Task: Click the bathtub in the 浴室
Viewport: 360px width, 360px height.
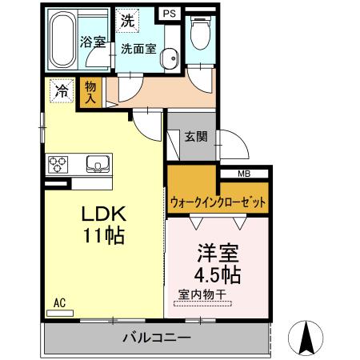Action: tap(63, 41)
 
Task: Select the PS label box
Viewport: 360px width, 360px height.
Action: tap(169, 13)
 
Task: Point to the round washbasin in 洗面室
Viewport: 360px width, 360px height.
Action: tap(168, 57)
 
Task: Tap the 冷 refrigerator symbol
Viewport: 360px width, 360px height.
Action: tap(62, 91)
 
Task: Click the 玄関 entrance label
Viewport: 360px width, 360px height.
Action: tap(195, 136)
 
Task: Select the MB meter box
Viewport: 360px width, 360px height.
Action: tap(244, 174)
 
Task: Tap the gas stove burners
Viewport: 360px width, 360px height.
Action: tap(59, 165)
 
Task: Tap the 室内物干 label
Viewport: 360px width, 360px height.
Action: tap(200, 295)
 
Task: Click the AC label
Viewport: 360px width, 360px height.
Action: tap(59, 302)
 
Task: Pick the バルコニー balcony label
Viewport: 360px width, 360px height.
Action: tap(156, 337)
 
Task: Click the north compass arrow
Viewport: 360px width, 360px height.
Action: tap(305, 338)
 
